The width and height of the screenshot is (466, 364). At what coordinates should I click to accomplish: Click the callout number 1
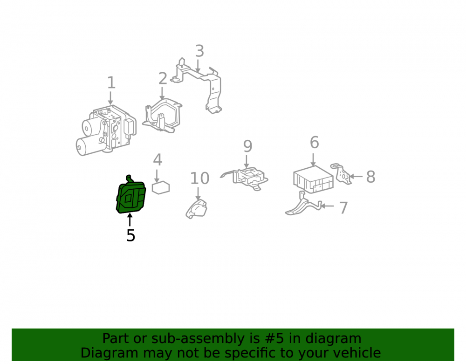point(111,82)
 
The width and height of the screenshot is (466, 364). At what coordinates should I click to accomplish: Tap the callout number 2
point(163,78)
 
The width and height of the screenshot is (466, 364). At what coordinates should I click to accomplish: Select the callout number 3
point(199,51)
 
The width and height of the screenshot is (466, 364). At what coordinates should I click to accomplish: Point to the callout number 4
point(158,160)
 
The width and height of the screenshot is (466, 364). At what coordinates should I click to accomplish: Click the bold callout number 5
point(131,235)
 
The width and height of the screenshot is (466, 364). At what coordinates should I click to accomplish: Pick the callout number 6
point(315,142)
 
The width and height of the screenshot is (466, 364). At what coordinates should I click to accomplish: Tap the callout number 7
point(343,208)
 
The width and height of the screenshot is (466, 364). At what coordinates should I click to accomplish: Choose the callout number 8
point(370,177)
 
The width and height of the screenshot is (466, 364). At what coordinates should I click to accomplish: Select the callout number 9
point(247,146)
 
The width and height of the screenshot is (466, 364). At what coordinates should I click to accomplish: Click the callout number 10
point(200,179)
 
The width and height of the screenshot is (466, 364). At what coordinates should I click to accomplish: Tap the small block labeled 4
point(161,187)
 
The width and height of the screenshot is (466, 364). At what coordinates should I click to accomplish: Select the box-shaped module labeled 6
point(313,179)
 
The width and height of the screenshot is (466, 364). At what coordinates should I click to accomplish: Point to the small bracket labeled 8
point(341,174)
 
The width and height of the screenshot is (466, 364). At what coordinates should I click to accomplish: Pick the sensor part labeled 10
point(197,209)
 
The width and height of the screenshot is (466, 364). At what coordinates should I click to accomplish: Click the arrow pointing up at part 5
point(130,220)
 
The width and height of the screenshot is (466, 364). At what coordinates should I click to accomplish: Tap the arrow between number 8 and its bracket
point(356,177)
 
